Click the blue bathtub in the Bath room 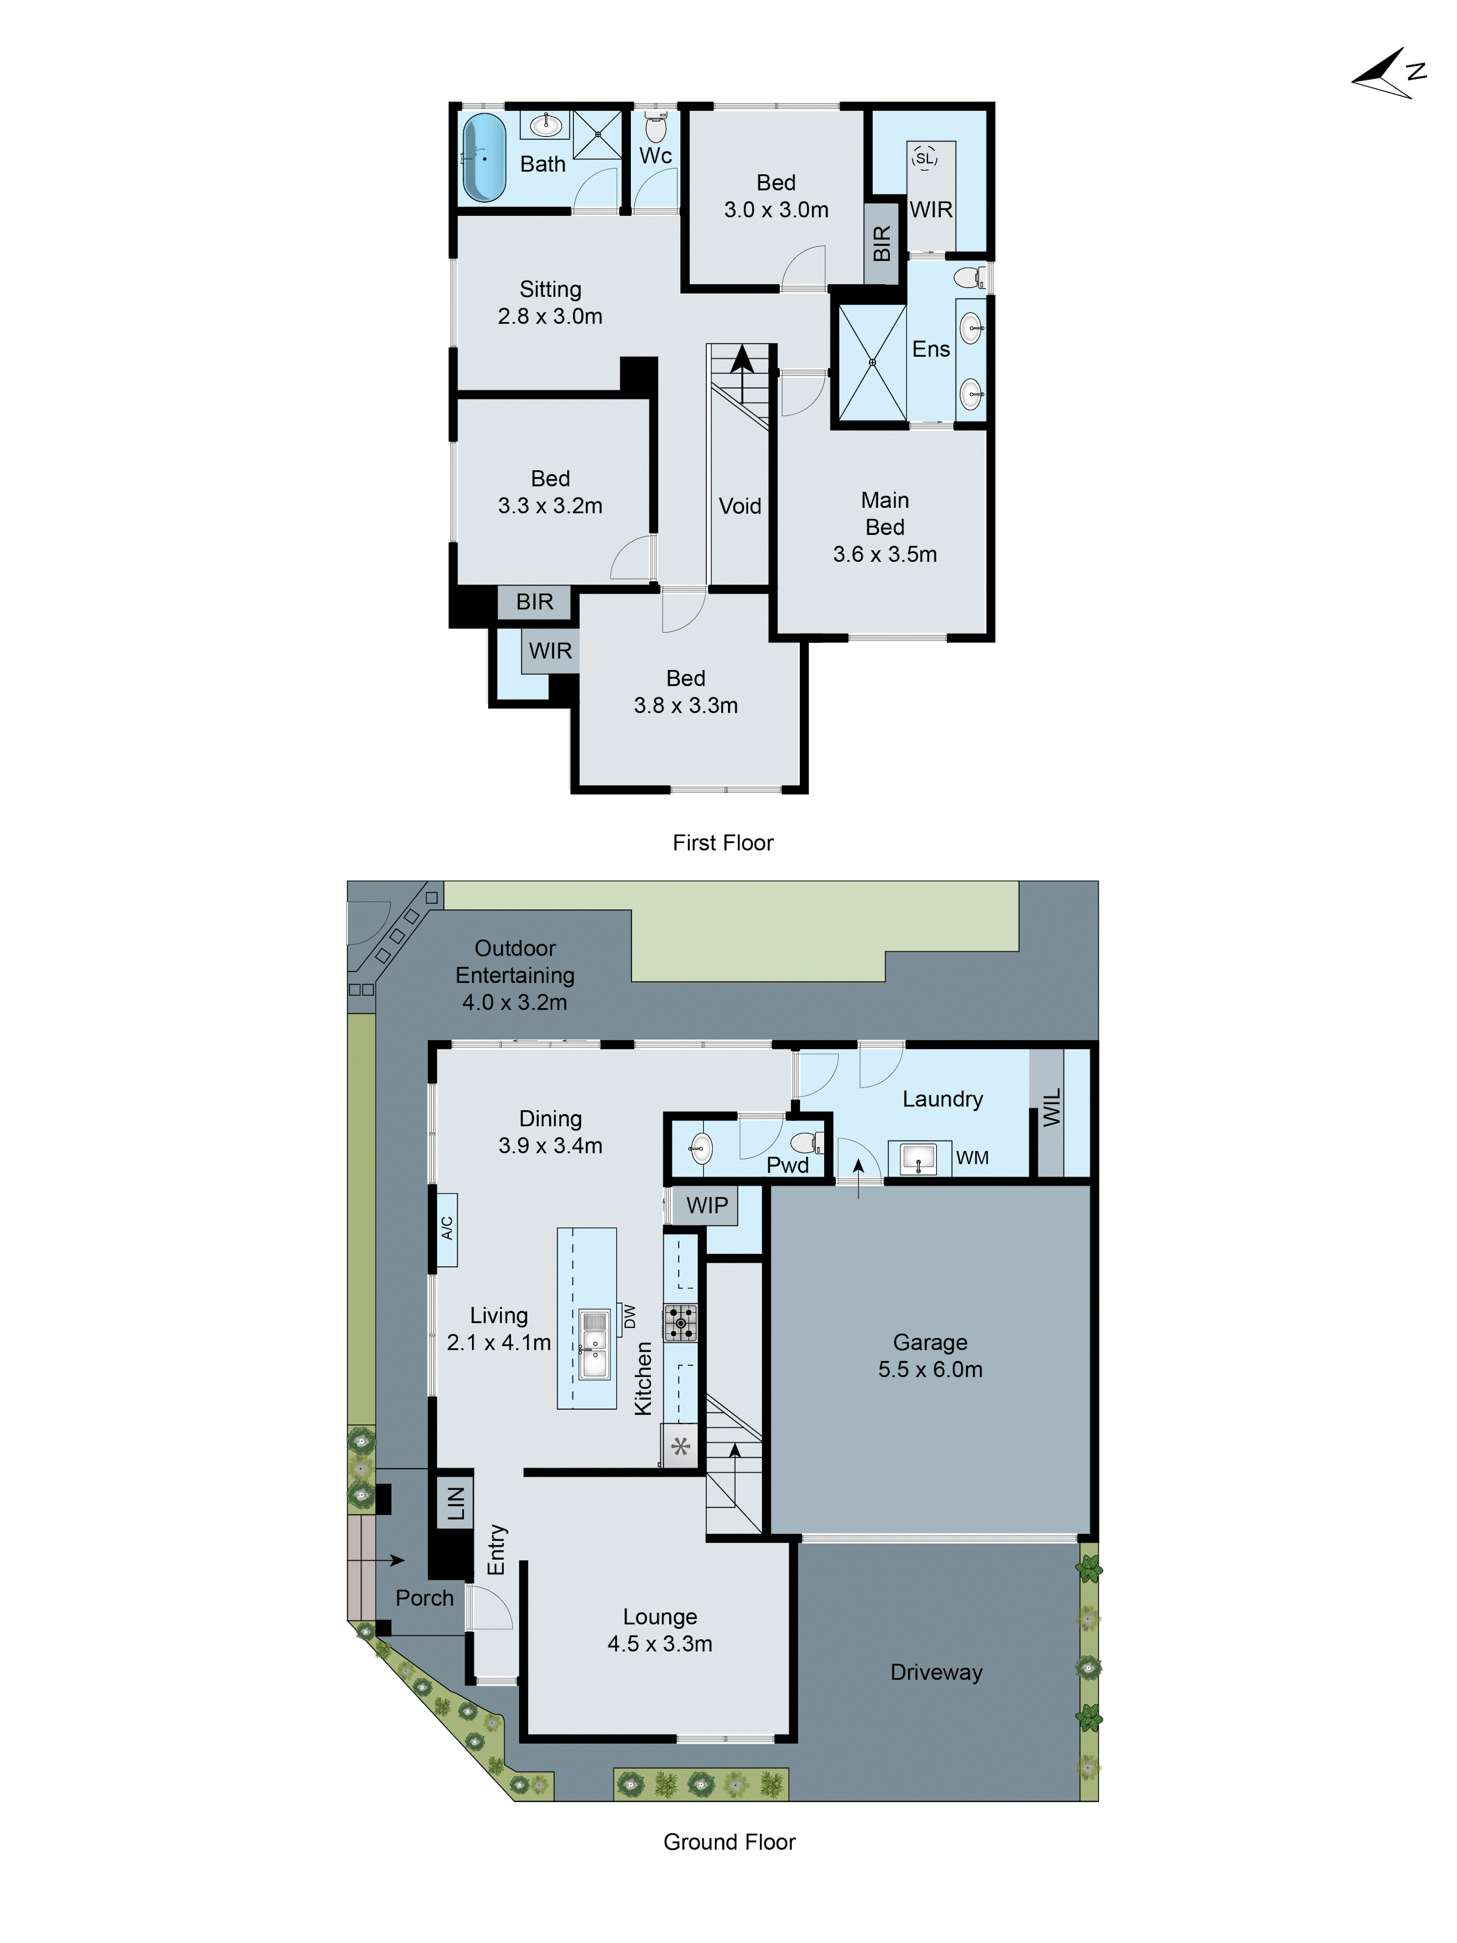point(484,157)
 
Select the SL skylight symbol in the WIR point(924,158)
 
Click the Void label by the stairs point(740,506)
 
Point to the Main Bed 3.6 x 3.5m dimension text point(884,554)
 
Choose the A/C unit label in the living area point(447,1228)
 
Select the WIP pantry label point(707,1205)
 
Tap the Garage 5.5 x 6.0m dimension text point(930,1369)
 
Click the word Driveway point(936,1671)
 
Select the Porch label point(424,1598)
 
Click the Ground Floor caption point(729,1842)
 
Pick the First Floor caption point(723,843)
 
